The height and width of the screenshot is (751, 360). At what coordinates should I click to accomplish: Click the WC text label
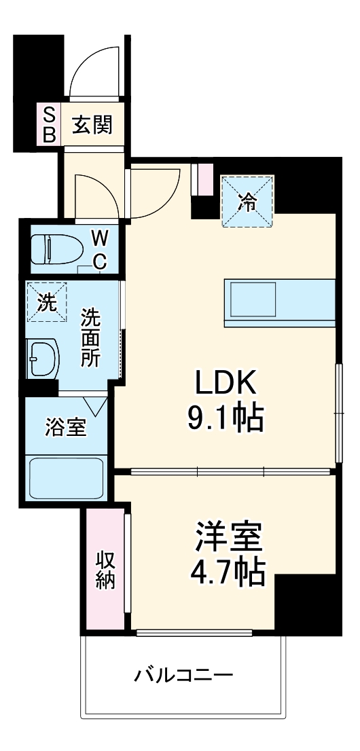point(99,250)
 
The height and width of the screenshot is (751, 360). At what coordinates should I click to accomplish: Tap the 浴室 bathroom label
point(66,428)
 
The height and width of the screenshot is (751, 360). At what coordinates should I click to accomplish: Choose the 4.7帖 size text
point(226,574)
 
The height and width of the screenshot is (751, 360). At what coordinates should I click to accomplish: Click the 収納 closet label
point(105,571)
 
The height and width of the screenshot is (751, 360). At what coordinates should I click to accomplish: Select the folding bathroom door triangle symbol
point(96,406)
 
